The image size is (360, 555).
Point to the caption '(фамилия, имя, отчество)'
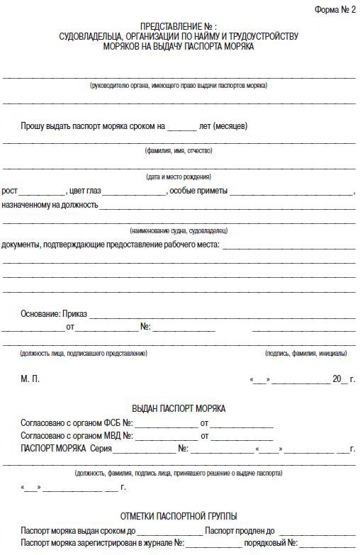point(179,151)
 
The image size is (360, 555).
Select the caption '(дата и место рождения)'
point(179,176)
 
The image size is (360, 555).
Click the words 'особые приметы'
point(198,191)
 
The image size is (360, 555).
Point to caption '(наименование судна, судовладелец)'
point(179,231)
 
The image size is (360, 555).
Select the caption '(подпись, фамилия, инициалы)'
point(306,353)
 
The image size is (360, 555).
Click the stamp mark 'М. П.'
point(30,379)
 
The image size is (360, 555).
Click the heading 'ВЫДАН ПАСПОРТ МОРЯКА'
point(179,409)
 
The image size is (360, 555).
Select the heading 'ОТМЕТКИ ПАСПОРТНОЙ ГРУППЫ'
point(179,516)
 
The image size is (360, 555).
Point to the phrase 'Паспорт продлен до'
point(240,530)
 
